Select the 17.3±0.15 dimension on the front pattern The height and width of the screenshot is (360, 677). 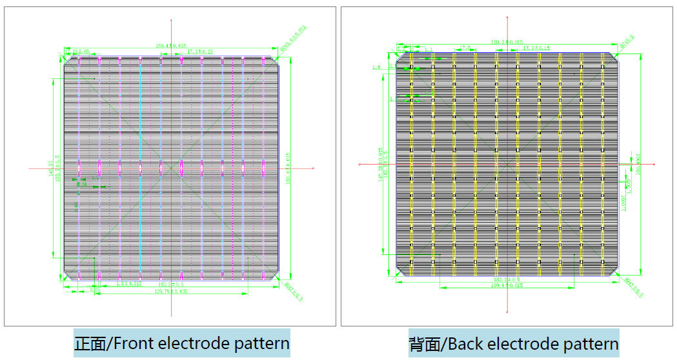[x=199, y=51]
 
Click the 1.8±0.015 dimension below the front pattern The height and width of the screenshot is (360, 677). [x=128, y=284]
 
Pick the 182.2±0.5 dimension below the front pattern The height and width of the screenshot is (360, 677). [x=171, y=284]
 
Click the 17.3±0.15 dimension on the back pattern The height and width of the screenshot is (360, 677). [x=536, y=48]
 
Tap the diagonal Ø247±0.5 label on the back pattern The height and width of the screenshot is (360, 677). [x=634, y=287]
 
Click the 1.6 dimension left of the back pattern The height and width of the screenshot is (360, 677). [x=376, y=66]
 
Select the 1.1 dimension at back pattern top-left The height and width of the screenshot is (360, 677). [x=429, y=49]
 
